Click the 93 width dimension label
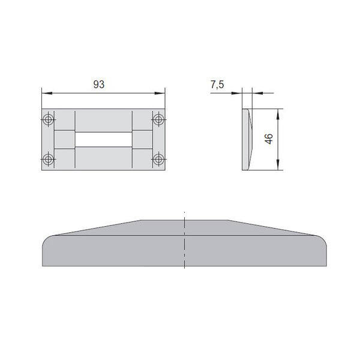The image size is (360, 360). click(x=99, y=84)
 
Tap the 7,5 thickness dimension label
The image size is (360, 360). click(x=217, y=85)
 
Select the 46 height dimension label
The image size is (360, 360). click(x=269, y=139)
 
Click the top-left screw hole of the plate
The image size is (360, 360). click(x=48, y=119)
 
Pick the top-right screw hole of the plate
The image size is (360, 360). click(x=158, y=119)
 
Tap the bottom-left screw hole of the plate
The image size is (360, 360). click(x=48, y=159)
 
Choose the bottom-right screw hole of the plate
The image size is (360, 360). click(x=158, y=159)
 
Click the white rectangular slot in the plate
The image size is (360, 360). click(x=104, y=139)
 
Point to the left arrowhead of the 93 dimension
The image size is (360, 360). click(x=47, y=93)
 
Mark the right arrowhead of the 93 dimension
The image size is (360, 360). click(x=160, y=93)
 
